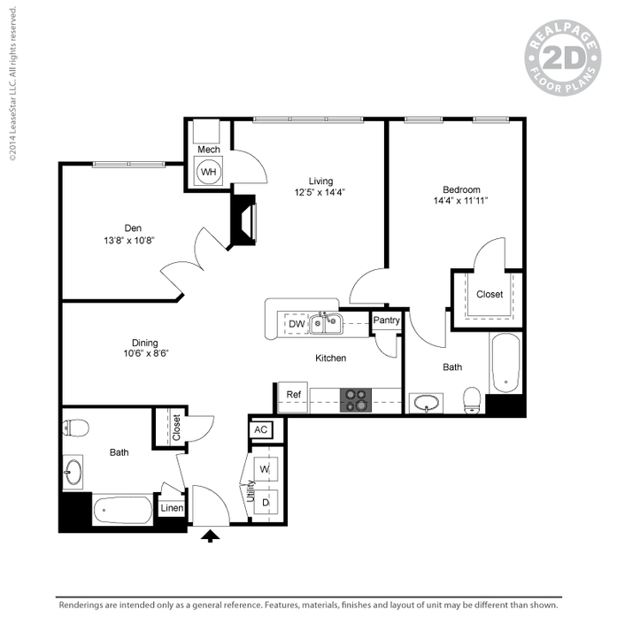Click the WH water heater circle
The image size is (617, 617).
point(209,171)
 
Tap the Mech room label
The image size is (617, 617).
point(209,150)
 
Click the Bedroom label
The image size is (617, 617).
point(461,189)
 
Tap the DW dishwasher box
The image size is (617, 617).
point(297,325)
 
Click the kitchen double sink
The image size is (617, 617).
point(328,324)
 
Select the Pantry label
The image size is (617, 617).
point(387,320)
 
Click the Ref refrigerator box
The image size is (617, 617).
point(291,395)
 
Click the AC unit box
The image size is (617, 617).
point(261,429)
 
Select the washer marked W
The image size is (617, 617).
point(266,467)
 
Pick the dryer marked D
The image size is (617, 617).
point(266,502)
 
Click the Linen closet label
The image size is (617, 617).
point(171,508)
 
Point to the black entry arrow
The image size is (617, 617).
point(210,536)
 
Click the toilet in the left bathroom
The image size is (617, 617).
point(77,428)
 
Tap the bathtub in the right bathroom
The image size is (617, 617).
point(505,363)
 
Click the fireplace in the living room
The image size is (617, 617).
point(243,220)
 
